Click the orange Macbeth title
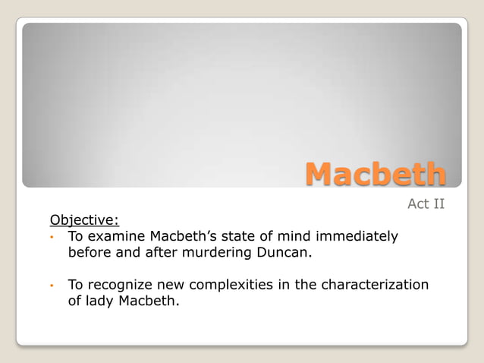[376, 174]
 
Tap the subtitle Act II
[426, 204]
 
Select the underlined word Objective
[84, 220]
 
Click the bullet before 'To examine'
[52, 237]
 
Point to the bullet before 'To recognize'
[52, 286]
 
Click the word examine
[117, 236]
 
